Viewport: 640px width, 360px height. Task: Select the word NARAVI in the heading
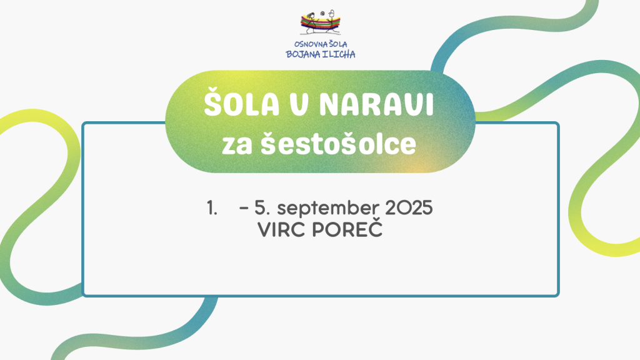pos(376,104)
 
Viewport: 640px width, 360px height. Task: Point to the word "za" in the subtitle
pos(237,146)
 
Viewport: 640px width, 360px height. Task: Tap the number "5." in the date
pos(262,208)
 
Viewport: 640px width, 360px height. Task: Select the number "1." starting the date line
pos(212,208)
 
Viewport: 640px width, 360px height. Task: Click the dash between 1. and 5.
pos(244,208)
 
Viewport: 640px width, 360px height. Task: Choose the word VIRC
pos(282,230)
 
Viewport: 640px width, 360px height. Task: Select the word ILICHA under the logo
pos(339,54)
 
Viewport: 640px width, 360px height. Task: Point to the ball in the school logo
pos(322,14)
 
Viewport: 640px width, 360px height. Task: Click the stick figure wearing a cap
pos(332,21)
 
